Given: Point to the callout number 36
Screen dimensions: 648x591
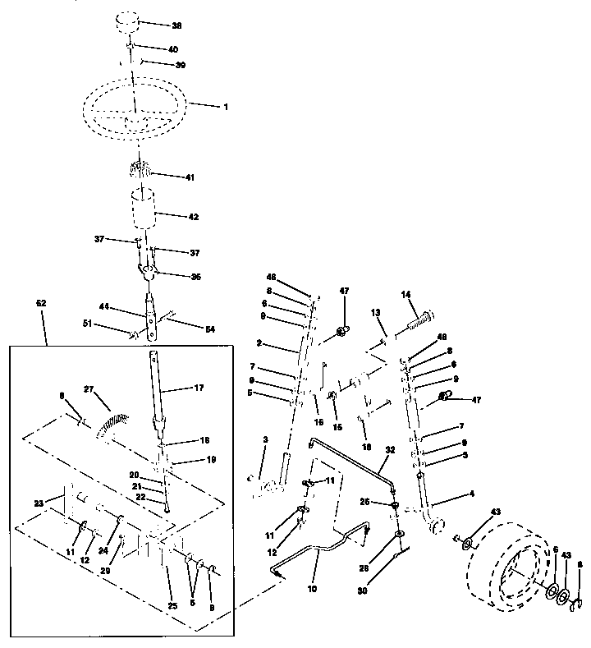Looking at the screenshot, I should point(195,277).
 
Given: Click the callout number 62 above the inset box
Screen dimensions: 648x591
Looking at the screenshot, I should point(42,303).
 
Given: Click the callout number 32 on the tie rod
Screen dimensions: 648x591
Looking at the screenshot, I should point(390,449).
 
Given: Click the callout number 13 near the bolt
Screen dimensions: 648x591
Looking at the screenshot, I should point(376,313).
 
